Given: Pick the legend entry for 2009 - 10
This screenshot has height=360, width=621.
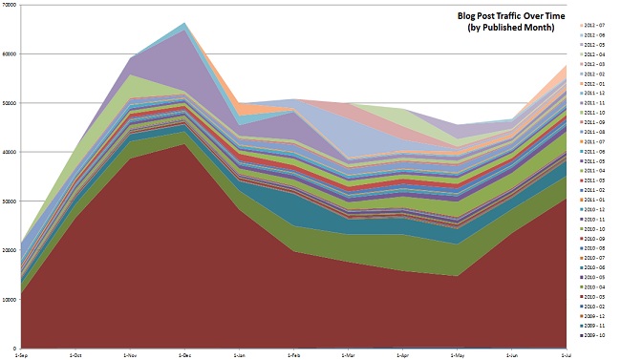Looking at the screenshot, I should [596, 335].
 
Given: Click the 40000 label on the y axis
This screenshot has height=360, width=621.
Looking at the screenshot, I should [10, 152].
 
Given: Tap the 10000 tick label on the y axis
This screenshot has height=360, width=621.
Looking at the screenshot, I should [10, 299].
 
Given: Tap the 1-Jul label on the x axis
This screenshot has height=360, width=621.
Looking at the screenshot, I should [566, 354].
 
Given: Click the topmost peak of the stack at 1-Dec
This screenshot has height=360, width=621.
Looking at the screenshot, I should [185, 23].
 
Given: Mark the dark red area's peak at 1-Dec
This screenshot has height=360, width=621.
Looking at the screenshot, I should [185, 144].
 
